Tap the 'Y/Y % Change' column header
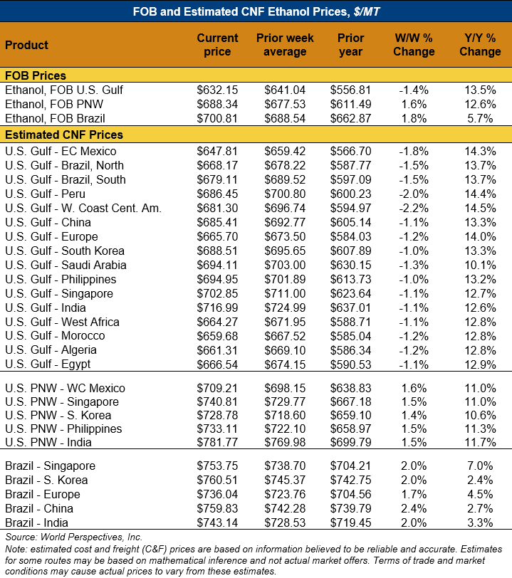(480, 45)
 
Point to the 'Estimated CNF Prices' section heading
(64, 135)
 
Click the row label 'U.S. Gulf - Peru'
(46, 194)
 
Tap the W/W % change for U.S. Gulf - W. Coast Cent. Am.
(414, 208)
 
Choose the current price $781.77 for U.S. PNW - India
(217, 443)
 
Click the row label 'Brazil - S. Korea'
(47, 480)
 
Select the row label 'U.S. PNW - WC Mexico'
(65, 388)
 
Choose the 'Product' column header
(26, 45)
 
